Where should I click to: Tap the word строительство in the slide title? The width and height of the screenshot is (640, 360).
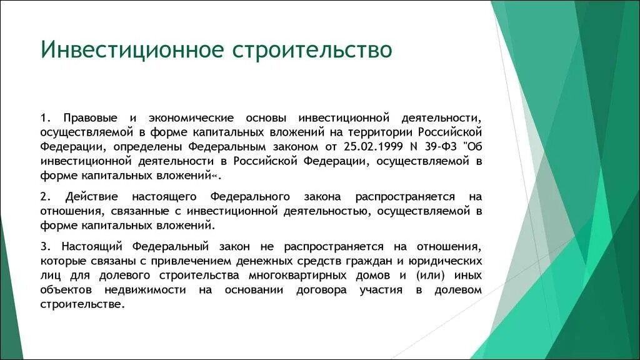coord(312,50)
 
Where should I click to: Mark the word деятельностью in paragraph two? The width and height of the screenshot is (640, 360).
coord(324,211)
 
